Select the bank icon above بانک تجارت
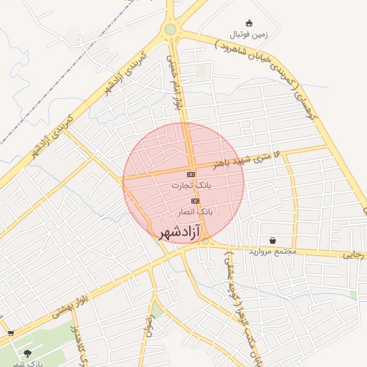point(191,174)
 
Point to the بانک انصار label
point(195,212)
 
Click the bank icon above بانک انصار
point(195,201)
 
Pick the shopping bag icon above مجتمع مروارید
point(272,240)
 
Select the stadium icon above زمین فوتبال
point(249,23)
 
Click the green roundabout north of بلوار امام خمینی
point(170,29)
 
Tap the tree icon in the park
point(27,353)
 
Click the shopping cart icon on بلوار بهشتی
point(10,333)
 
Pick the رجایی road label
point(354,254)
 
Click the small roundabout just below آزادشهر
point(206,242)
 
